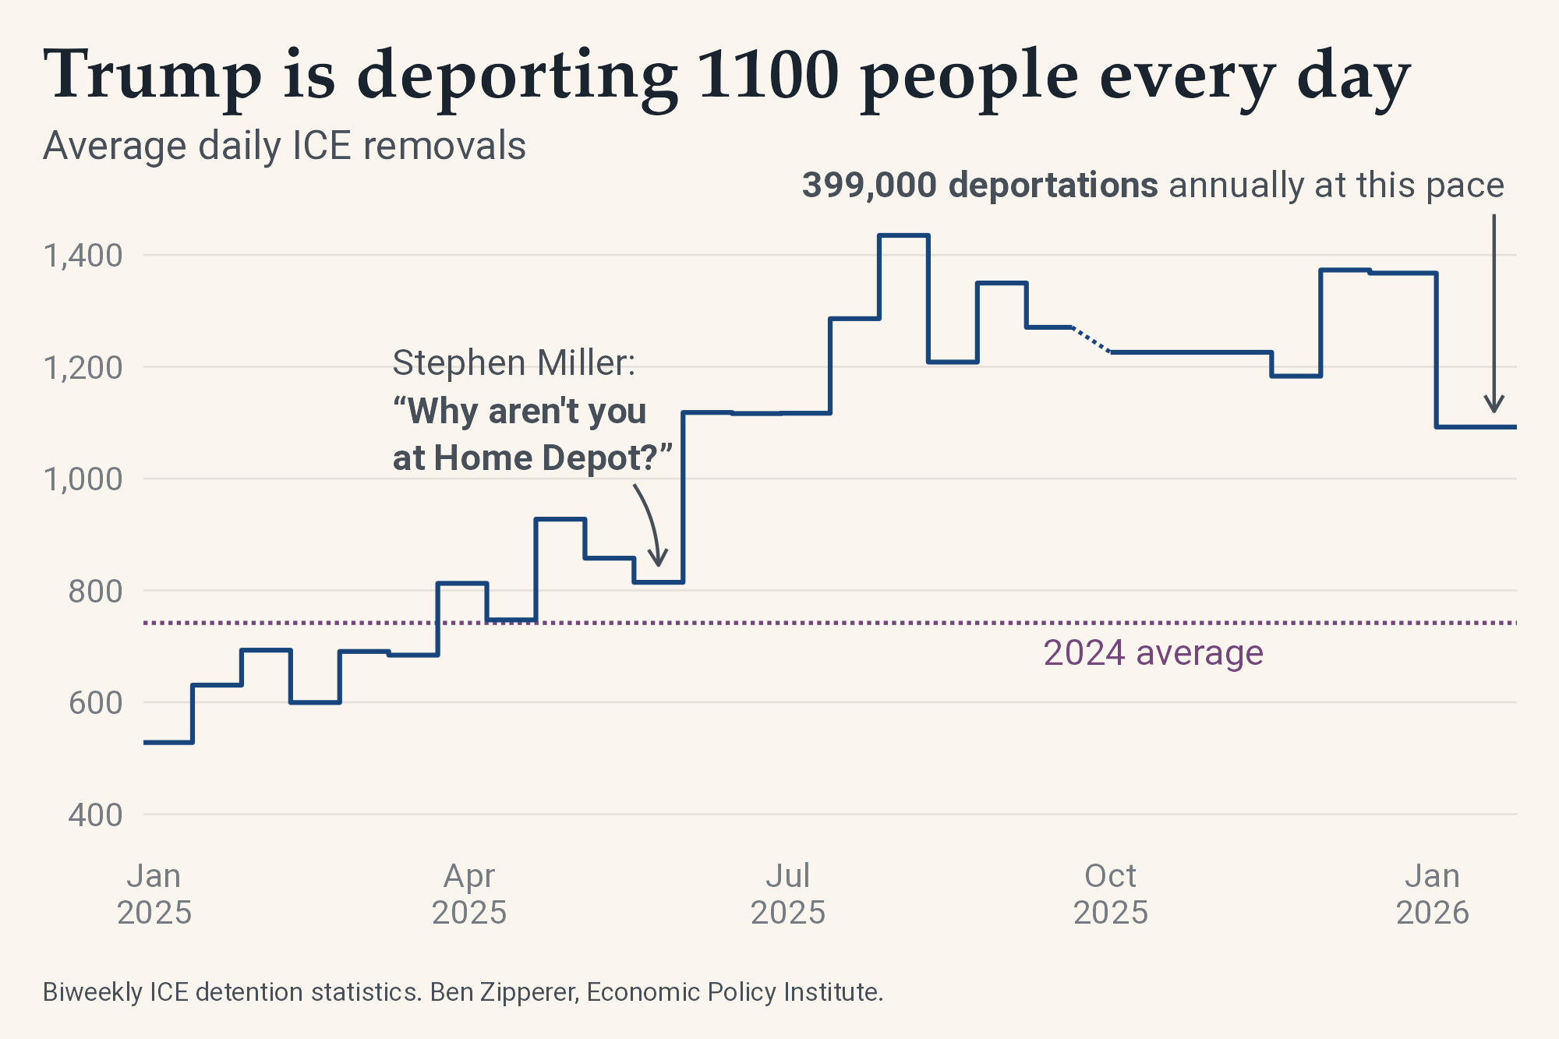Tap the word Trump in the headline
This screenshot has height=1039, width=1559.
(153, 76)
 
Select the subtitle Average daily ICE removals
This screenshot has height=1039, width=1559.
(285, 146)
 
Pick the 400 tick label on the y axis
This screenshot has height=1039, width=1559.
(95, 815)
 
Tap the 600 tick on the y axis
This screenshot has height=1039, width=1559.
(95, 703)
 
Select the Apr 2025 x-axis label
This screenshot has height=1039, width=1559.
(469, 894)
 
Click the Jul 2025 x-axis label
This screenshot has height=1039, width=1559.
(788, 894)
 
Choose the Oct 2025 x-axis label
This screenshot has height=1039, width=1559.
(1111, 894)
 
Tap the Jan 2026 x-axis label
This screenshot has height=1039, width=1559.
(1433, 894)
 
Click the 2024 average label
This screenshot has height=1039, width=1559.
(1153, 653)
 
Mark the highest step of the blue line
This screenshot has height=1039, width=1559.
(903, 235)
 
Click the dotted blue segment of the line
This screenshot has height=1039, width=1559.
(1091, 341)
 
